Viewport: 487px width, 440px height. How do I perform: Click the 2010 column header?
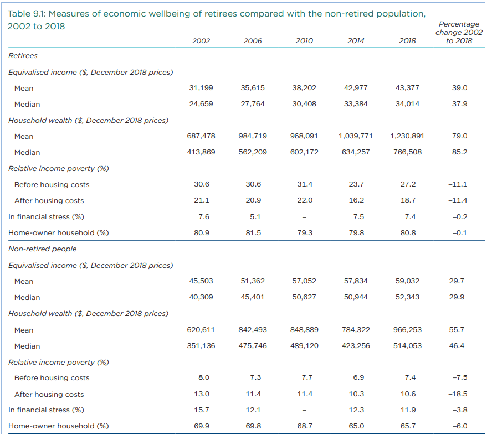[x=304, y=41]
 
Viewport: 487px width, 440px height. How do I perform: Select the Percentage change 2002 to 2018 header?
[x=459, y=33]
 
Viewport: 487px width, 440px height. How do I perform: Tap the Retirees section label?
[x=23, y=55]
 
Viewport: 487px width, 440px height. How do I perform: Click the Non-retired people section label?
[x=43, y=249]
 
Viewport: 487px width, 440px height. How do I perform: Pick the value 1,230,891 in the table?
[x=407, y=136]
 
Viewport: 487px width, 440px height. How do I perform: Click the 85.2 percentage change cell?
[x=459, y=152]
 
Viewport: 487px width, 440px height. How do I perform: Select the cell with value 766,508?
[x=407, y=152]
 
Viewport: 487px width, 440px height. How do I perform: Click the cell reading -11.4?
[x=459, y=200]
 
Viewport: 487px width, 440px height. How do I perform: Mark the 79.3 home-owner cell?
[x=304, y=233]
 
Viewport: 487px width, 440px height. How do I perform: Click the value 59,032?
[x=407, y=281]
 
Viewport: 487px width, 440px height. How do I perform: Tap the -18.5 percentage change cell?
[x=459, y=394]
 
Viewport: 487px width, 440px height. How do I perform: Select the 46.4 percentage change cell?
[x=459, y=346]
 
